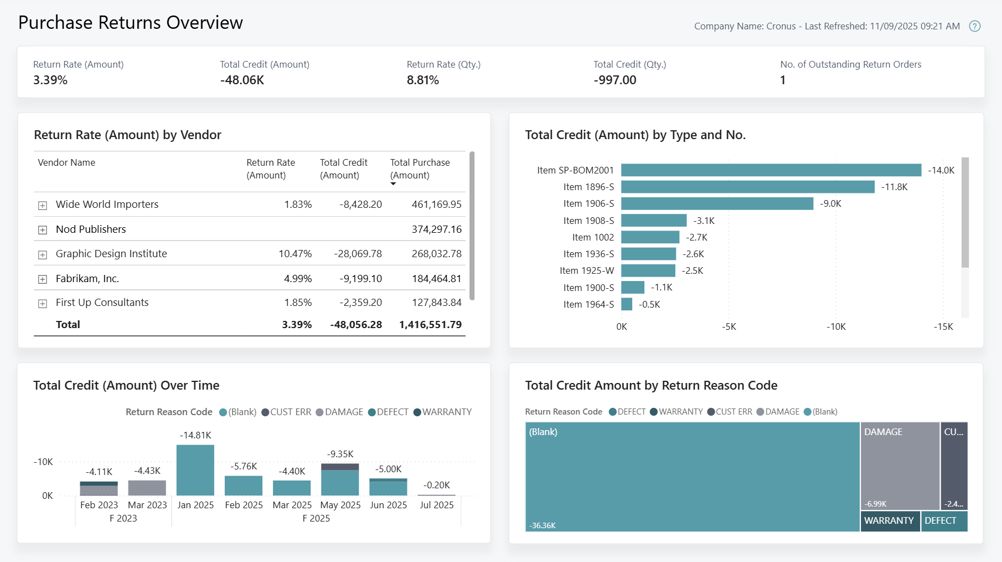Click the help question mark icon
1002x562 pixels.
click(x=974, y=26)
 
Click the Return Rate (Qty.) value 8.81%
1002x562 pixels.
click(x=423, y=80)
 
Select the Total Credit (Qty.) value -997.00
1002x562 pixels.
click(x=615, y=80)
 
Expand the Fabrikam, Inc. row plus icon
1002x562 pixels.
click(x=43, y=279)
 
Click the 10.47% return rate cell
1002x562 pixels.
click(x=295, y=254)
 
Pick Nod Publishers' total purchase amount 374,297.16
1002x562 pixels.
click(x=436, y=229)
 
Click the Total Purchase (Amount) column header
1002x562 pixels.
click(x=420, y=168)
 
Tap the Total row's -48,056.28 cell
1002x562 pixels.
click(x=356, y=325)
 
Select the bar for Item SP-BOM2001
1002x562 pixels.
click(x=771, y=170)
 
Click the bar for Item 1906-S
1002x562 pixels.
click(x=717, y=204)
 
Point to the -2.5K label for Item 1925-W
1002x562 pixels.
click(x=693, y=271)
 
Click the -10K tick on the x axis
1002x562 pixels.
click(x=836, y=327)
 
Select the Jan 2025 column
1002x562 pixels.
click(x=195, y=470)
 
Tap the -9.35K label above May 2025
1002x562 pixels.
click(x=340, y=454)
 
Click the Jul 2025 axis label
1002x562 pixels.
click(x=436, y=505)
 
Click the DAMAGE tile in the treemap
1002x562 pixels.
click(x=900, y=466)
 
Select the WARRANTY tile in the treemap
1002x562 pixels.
click(x=889, y=521)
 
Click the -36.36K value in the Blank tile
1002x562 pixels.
click(x=543, y=525)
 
